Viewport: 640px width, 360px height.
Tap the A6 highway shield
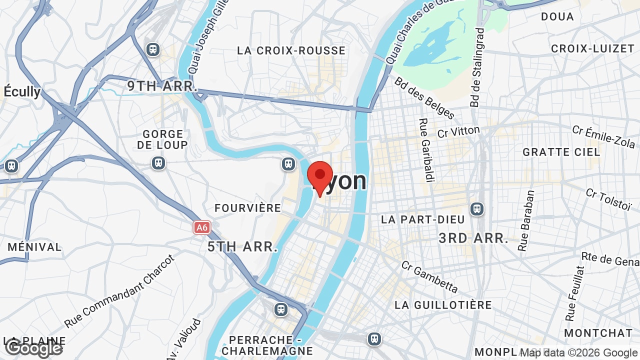pos(201,227)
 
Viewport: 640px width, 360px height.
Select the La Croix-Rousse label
pos(291,50)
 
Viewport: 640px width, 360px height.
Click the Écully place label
pos(22,91)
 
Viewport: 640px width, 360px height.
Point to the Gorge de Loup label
pos(162,139)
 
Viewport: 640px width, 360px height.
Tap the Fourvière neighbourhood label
pos(247,208)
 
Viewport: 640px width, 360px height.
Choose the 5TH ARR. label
pos(242,246)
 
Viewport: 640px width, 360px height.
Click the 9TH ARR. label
pos(161,86)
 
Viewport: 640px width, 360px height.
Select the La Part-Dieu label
pos(422,219)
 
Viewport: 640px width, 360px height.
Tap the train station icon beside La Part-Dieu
pos(477,208)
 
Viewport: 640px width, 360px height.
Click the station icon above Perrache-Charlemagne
pos(281,309)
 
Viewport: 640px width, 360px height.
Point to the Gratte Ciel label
pos(561,152)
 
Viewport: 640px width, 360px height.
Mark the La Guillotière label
pos(443,304)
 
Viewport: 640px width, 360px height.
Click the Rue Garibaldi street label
pos(425,150)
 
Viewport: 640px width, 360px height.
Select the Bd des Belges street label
pos(424,98)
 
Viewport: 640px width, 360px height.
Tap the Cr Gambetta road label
pos(429,276)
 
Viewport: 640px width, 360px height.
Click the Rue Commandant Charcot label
pos(120,291)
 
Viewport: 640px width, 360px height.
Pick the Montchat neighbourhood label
pos(598,333)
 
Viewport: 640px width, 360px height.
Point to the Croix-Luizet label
pos(592,48)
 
